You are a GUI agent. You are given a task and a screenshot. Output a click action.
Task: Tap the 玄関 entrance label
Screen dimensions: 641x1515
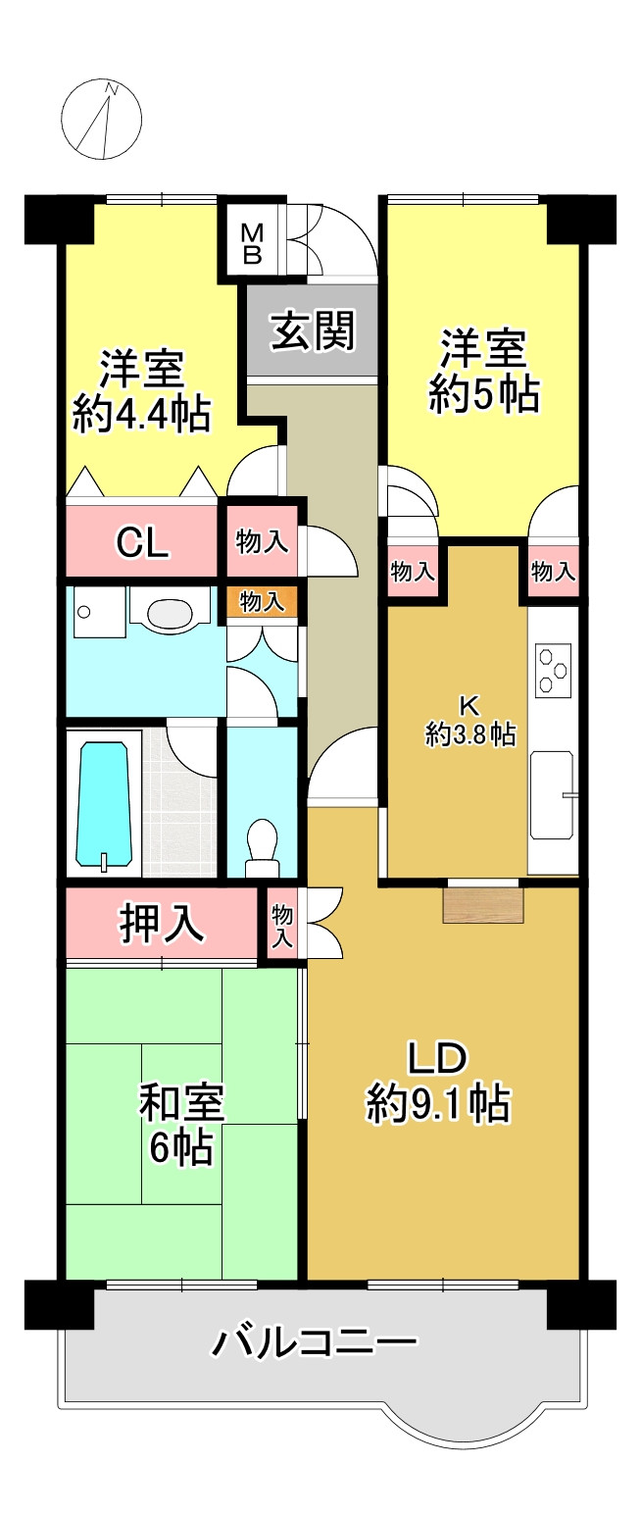pos(313,330)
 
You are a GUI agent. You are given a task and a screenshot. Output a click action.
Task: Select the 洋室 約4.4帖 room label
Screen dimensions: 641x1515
pos(142,390)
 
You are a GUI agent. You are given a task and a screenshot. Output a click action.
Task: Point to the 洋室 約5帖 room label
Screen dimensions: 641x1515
pos(484,370)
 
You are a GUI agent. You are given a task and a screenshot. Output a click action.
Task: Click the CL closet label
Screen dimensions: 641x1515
pos(141,541)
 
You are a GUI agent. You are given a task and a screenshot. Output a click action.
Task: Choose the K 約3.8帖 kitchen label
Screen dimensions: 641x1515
pos(470,722)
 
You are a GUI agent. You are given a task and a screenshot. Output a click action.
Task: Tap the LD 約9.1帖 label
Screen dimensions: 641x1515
pos(438,1083)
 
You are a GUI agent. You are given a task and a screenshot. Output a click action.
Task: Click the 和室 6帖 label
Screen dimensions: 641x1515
pos(181,1124)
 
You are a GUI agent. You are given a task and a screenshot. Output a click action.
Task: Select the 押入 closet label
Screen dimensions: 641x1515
pos(163,923)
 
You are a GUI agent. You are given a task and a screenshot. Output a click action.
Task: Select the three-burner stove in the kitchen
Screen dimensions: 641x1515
pos(554,670)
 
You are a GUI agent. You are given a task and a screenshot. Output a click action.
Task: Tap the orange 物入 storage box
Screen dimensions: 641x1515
pos(261,601)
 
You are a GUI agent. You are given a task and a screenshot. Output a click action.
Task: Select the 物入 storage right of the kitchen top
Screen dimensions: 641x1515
pos(554,571)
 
